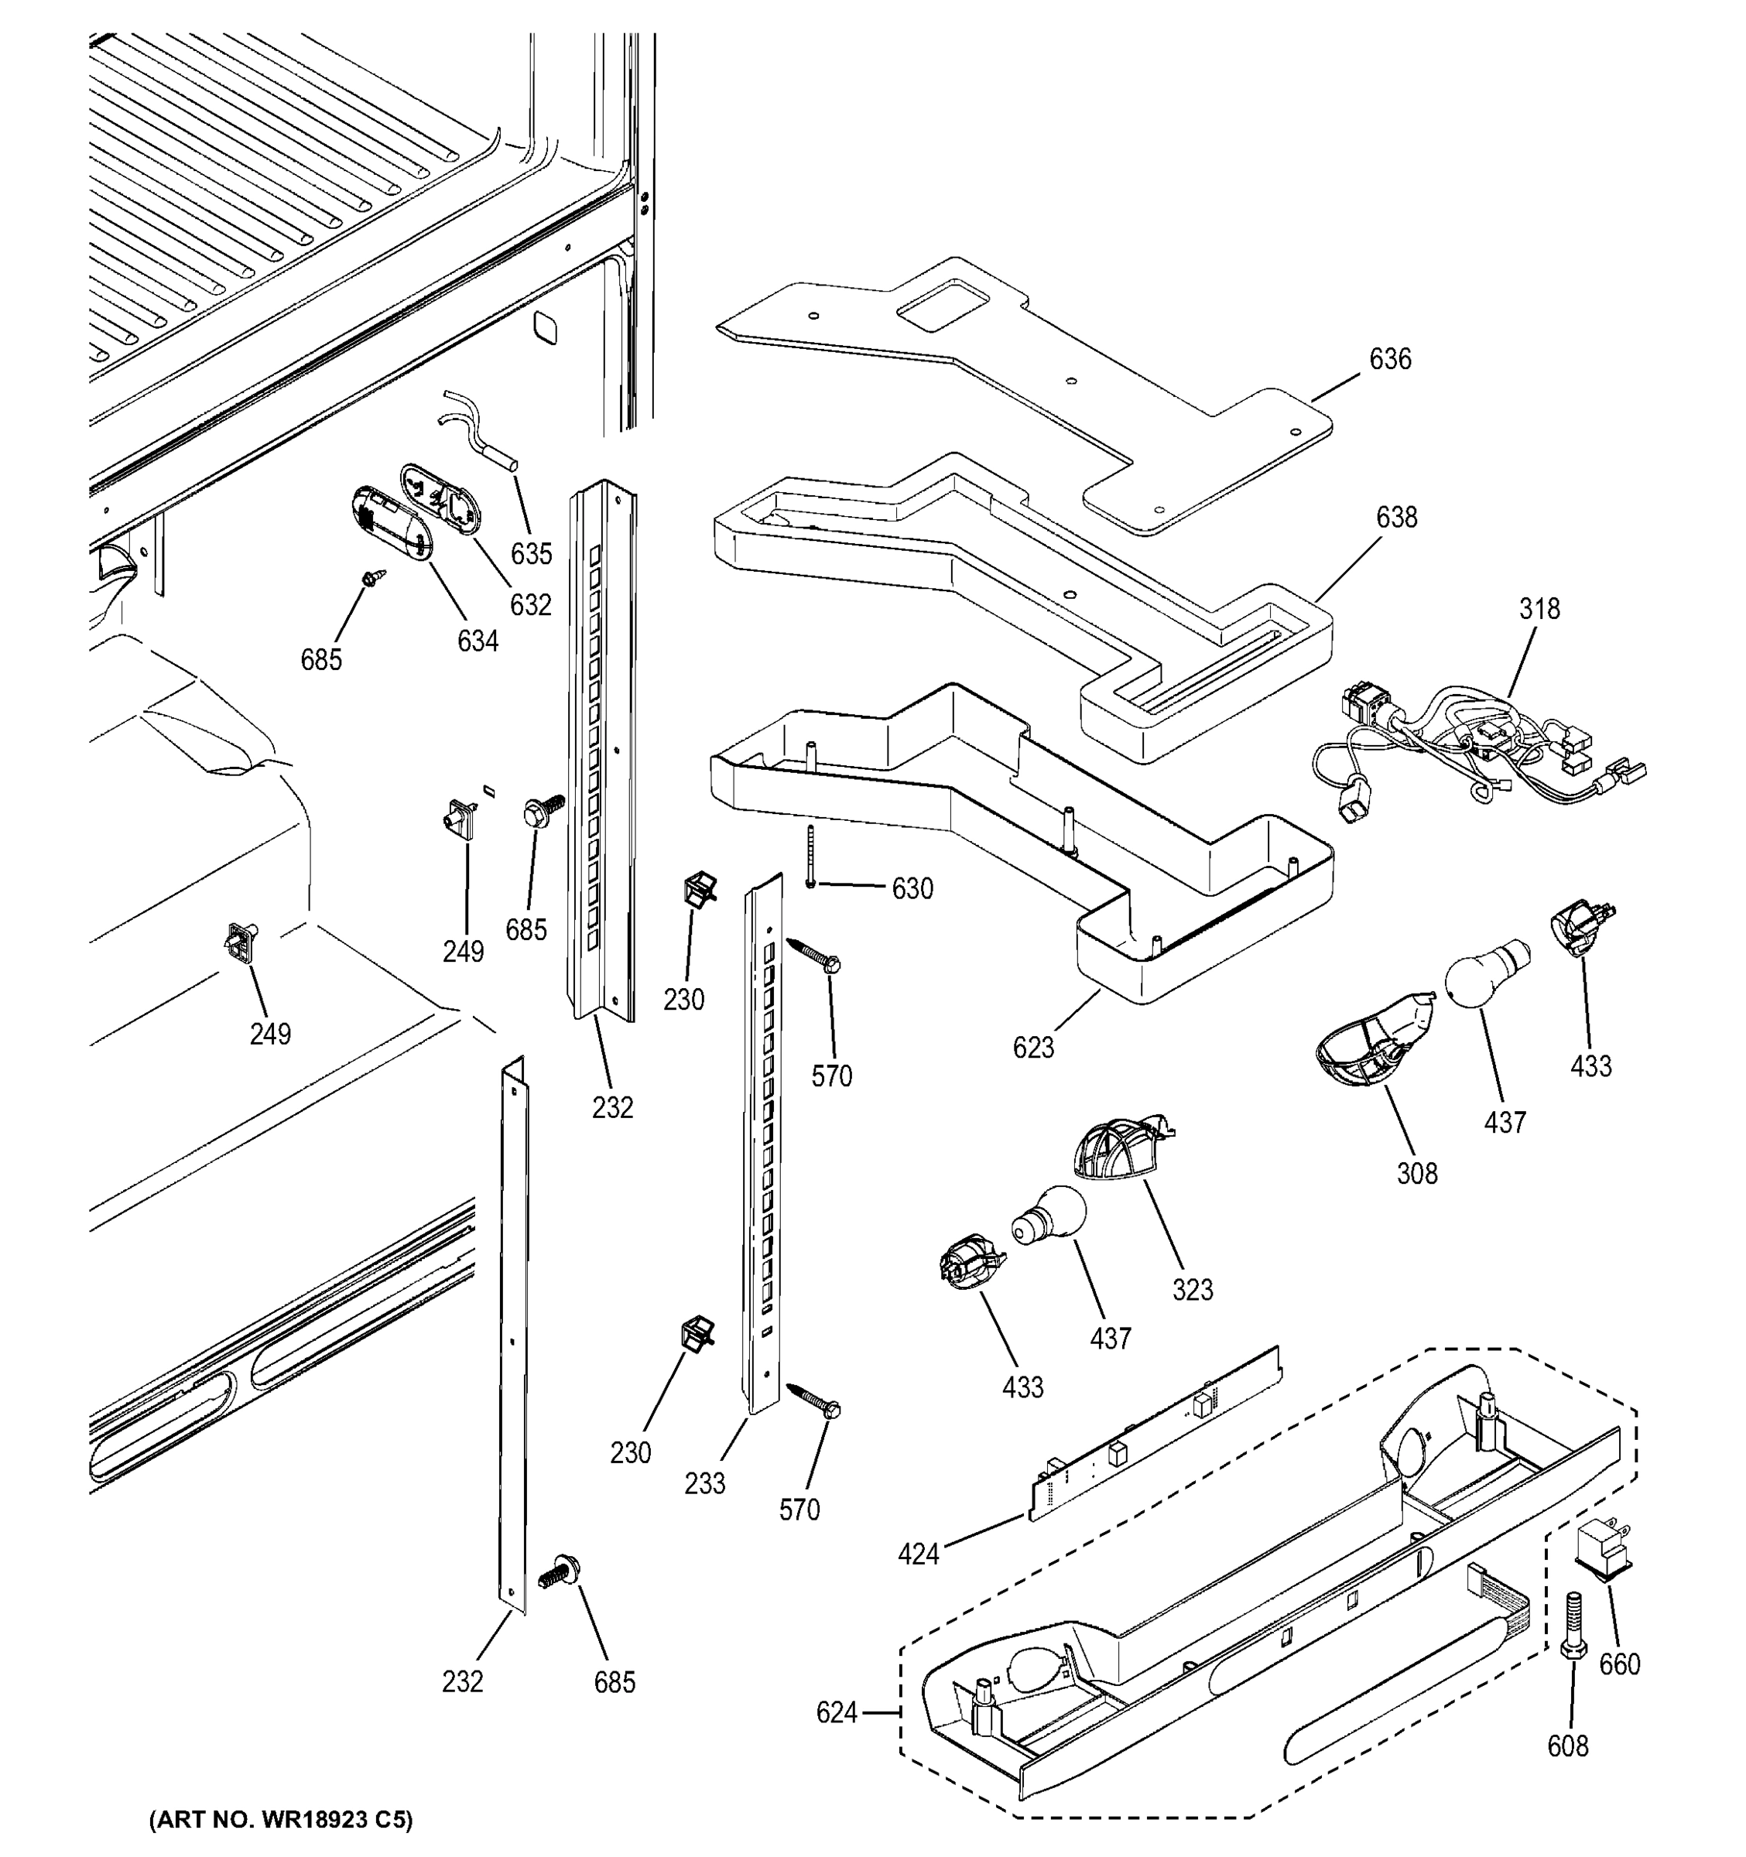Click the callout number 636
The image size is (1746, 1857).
coord(1389,359)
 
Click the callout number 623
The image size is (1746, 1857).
coord(1032,1048)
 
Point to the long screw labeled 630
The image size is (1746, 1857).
coord(810,857)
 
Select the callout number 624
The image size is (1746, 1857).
coord(835,1712)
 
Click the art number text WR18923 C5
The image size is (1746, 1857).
coord(280,1820)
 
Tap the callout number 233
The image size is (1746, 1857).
coord(704,1483)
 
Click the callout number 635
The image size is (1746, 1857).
coord(531,554)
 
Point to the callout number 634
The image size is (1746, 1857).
coord(477,641)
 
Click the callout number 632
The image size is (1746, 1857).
coord(529,605)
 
